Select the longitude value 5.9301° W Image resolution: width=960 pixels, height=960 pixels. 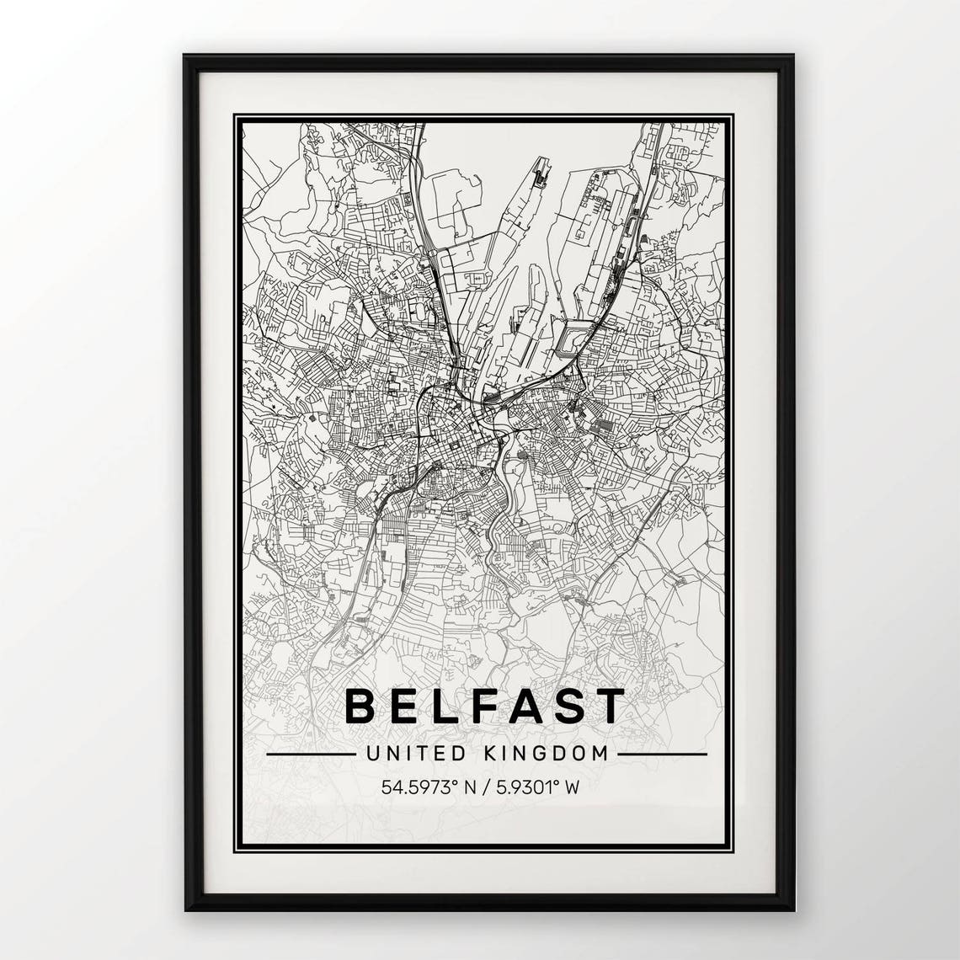click(x=538, y=788)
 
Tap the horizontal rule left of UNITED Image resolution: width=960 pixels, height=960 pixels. click(x=310, y=755)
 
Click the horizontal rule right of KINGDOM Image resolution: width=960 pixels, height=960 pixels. click(x=662, y=755)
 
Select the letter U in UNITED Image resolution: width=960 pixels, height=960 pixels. click(x=372, y=754)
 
